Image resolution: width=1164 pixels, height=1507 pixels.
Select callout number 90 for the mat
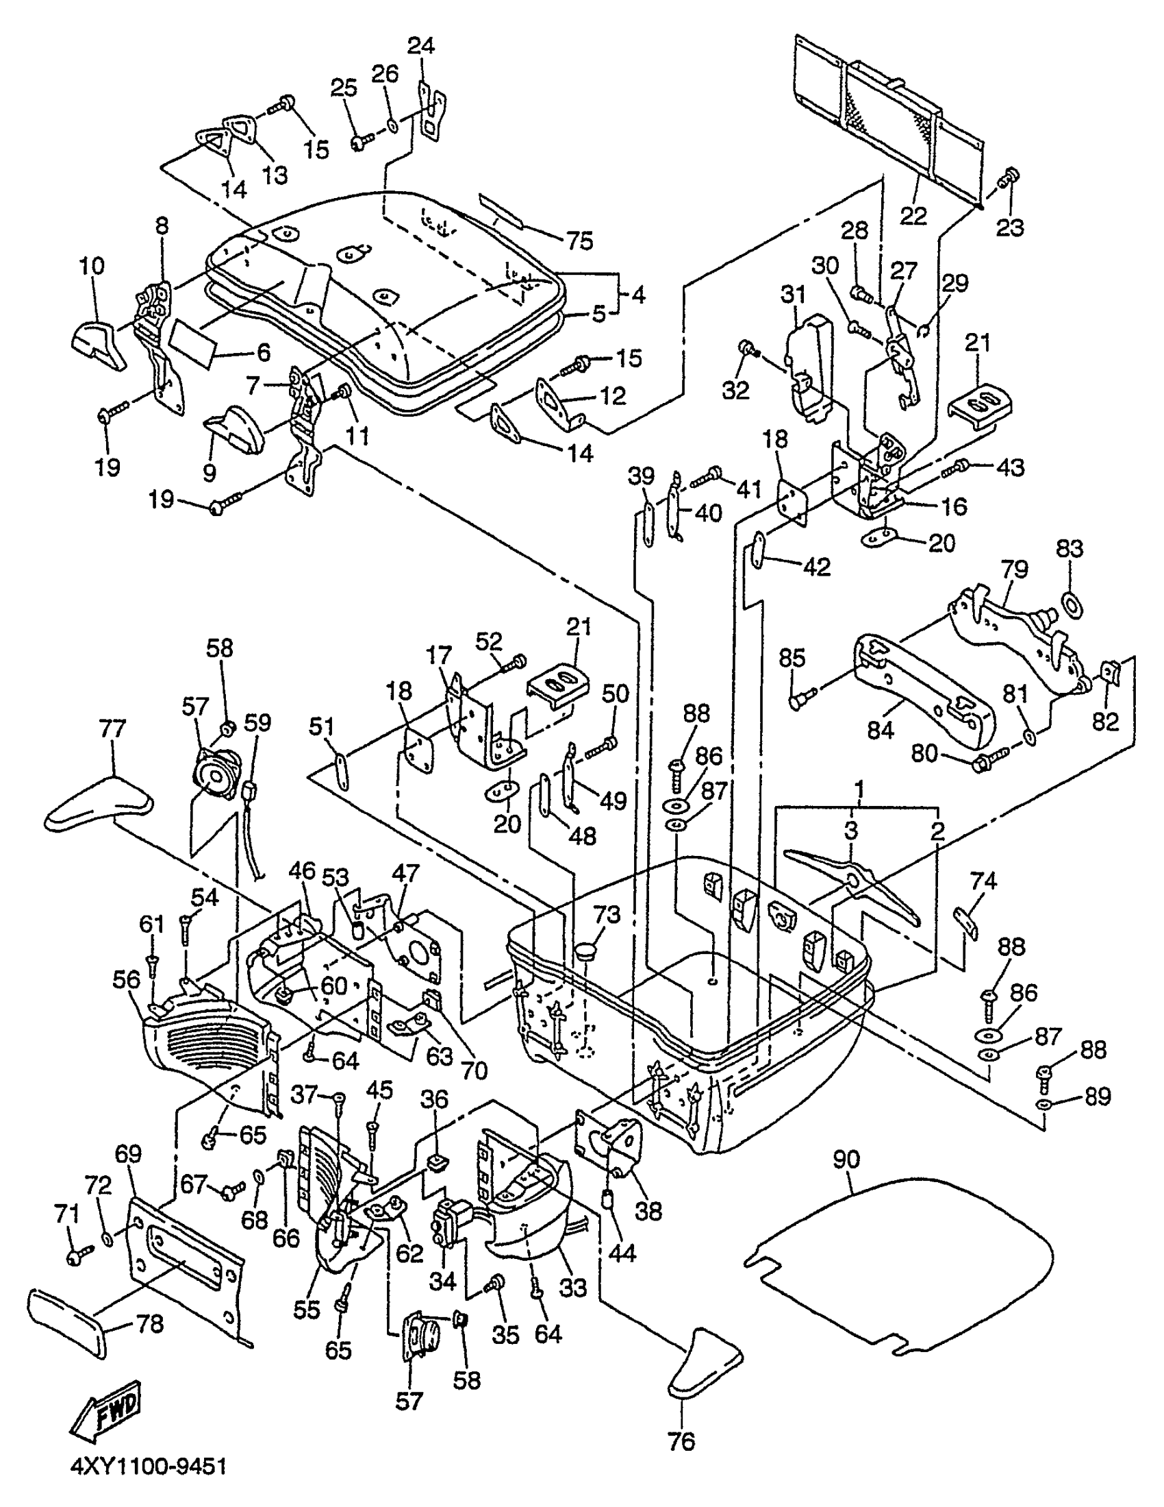click(x=846, y=1160)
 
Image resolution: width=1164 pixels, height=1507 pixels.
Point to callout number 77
click(x=112, y=728)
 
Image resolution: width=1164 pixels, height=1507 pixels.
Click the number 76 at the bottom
click(x=681, y=1441)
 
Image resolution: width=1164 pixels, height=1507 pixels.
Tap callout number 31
click(x=793, y=293)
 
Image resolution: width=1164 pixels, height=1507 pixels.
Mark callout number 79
click(x=1014, y=569)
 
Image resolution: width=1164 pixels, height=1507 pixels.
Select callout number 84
click(x=881, y=729)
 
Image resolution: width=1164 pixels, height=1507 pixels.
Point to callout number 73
click(x=607, y=915)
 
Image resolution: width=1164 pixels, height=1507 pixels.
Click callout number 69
click(x=129, y=1153)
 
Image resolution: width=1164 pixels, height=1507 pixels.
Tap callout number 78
click(x=150, y=1323)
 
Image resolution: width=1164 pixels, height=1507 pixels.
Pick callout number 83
click(x=1070, y=549)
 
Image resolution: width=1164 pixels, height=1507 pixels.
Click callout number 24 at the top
click(x=421, y=46)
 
